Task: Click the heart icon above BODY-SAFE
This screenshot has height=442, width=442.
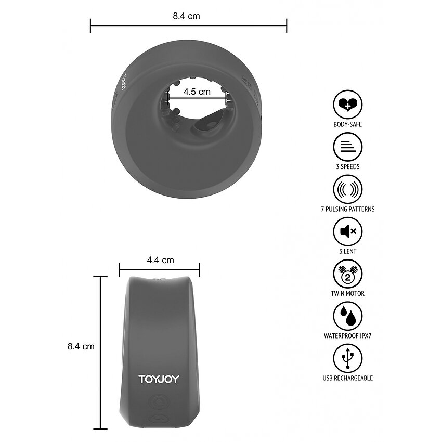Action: coord(347,105)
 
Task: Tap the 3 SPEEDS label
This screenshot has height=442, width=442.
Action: coord(347,166)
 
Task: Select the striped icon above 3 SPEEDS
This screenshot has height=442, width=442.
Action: coord(347,147)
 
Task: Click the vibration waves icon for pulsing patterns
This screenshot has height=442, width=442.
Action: coord(347,189)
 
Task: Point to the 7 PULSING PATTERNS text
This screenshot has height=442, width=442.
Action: coord(347,209)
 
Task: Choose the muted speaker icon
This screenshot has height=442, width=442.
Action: coord(347,231)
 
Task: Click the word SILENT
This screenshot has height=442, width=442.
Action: coord(347,251)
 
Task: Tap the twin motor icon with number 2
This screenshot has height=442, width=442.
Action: coord(347,274)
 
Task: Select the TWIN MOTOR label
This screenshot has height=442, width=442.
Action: coord(347,293)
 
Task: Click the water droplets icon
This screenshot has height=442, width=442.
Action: coord(347,316)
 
